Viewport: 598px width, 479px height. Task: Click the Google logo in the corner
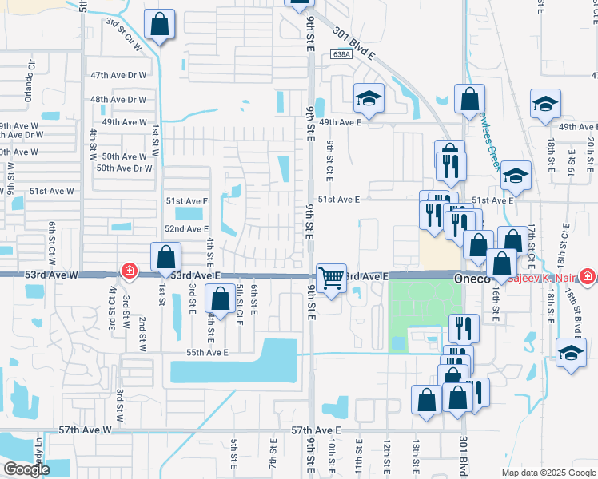click(26, 469)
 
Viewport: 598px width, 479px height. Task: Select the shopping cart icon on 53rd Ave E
click(331, 279)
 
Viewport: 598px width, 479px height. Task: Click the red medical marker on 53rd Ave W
click(128, 272)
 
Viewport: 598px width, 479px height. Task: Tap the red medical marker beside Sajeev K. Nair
click(588, 275)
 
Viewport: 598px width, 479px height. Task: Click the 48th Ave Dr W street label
click(118, 100)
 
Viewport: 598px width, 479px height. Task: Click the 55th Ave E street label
click(208, 352)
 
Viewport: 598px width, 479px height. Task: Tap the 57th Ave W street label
click(86, 430)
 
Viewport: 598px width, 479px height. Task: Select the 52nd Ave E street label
click(187, 228)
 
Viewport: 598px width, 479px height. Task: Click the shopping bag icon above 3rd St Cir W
click(160, 25)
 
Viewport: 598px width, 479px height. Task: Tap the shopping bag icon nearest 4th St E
click(220, 300)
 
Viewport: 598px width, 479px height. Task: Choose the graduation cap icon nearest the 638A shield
click(368, 98)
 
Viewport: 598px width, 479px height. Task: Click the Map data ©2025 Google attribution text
click(548, 473)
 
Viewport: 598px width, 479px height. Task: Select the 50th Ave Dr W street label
click(124, 168)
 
